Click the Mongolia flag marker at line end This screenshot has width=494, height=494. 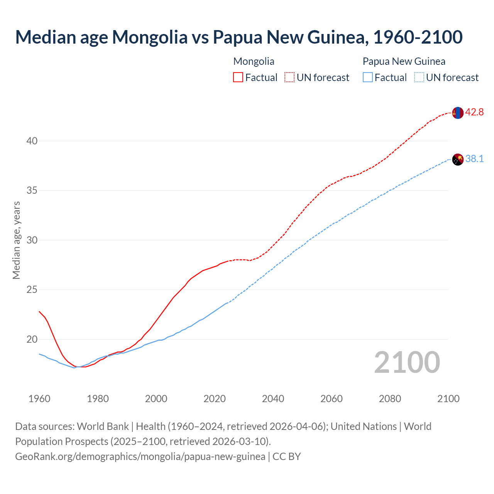pos(457,113)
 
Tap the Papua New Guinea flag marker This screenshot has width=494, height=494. pos(457,159)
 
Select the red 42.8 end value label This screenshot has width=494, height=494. pos(474,112)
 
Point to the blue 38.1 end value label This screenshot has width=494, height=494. pos(474,159)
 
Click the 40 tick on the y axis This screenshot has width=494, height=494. pos(32,141)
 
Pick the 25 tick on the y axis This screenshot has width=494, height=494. pos(32,290)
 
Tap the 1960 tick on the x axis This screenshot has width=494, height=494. pos(39,399)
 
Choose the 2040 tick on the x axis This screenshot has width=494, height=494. pos(273,399)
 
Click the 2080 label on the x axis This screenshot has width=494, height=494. pos(390,399)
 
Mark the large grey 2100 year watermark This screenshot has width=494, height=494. pos(407,362)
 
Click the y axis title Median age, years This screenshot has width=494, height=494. pos(16,240)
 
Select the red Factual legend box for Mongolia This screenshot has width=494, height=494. pos(238,78)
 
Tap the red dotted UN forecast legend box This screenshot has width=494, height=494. pos(289,78)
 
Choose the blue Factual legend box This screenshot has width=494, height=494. pos(368,78)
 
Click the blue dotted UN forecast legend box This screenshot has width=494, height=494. pos(419,78)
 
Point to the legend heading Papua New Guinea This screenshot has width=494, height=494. pos(404,61)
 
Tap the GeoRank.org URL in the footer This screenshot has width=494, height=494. pos(140,457)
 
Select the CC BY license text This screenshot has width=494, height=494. pos(286,457)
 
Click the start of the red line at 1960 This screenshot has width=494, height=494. pos(39,311)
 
